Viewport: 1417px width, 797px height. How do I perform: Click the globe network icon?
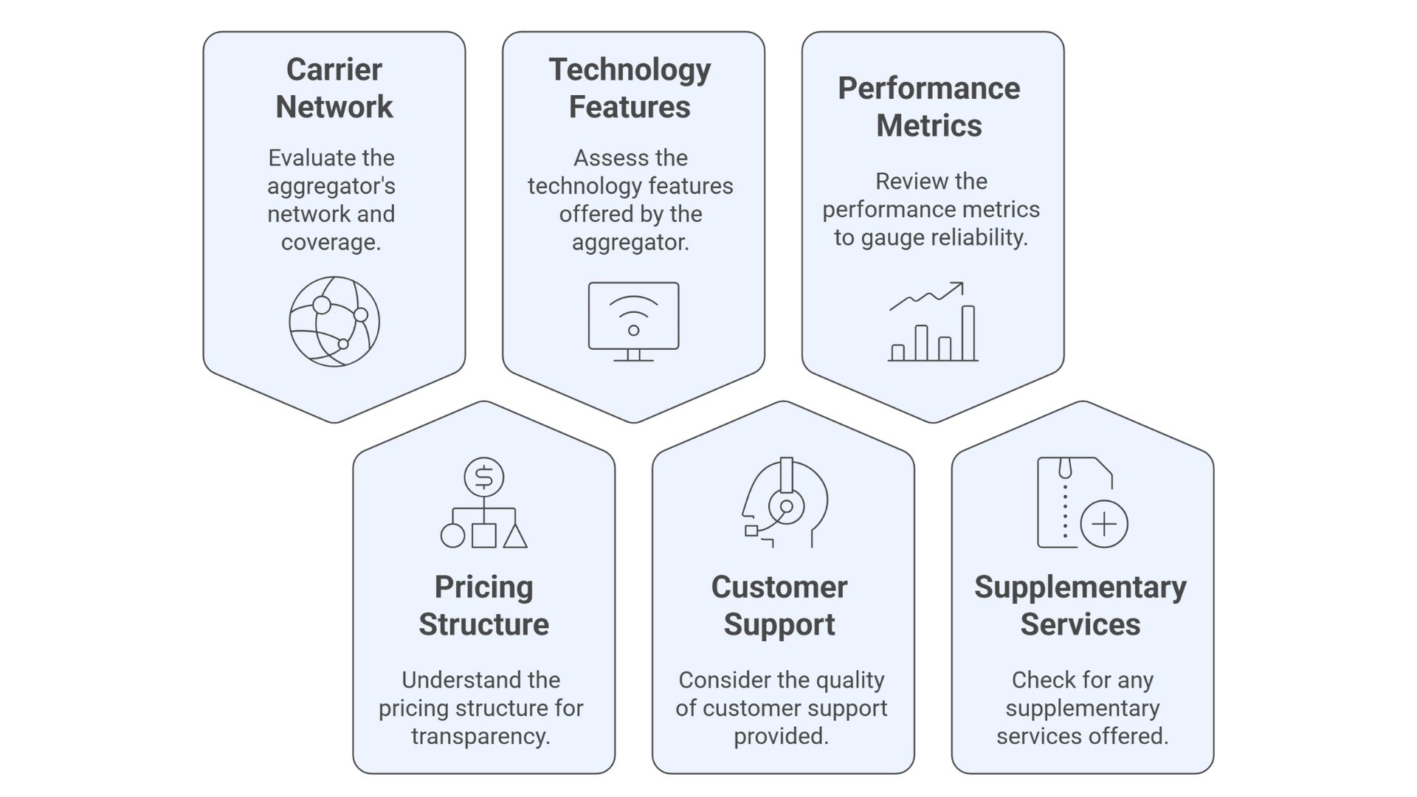(x=334, y=322)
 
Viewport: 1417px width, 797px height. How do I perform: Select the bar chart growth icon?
(x=933, y=322)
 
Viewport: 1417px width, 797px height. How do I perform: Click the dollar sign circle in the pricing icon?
(x=484, y=477)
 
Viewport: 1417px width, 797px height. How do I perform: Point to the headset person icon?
(x=784, y=503)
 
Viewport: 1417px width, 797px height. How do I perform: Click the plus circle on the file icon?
(x=1104, y=524)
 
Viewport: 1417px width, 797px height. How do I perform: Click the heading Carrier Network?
(x=334, y=89)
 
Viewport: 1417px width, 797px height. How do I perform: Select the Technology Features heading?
(x=630, y=89)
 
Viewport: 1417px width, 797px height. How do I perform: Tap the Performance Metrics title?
(x=929, y=107)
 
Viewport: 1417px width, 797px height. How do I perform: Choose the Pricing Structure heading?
(x=484, y=606)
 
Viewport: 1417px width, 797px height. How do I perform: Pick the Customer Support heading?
(x=779, y=606)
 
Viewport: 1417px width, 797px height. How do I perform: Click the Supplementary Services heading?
(x=1080, y=606)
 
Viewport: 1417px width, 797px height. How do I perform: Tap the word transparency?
(x=480, y=736)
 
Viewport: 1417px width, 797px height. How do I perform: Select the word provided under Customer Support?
(x=781, y=736)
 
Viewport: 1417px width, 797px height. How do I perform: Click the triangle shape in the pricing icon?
(x=515, y=536)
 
